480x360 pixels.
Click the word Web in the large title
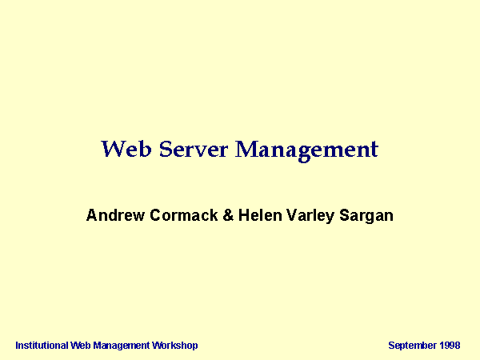(x=126, y=149)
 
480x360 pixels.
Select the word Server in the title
(x=194, y=149)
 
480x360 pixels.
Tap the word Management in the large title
(x=306, y=151)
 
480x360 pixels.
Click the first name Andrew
(x=115, y=215)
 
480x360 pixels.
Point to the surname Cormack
(x=184, y=215)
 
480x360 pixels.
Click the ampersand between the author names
(x=228, y=215)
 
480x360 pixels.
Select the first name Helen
(x=260, y=215)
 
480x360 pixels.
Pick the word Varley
(x=310, y=216)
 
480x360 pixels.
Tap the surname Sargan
(x=366, y=216)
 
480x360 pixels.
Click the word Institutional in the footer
(x=42, y=346)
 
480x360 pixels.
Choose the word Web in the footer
(x=80, y=346)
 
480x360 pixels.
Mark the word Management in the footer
(x=122, y=346)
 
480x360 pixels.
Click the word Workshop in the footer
(x=175, y=346)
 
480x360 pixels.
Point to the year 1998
(x=450, y=346)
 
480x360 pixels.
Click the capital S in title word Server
(x=166, y=149)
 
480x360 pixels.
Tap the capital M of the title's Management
(x=246, y=149)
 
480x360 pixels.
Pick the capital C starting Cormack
(x=155, y=215)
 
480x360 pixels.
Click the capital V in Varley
(x=292, y=215)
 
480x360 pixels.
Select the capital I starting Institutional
(x=17, y=346)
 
